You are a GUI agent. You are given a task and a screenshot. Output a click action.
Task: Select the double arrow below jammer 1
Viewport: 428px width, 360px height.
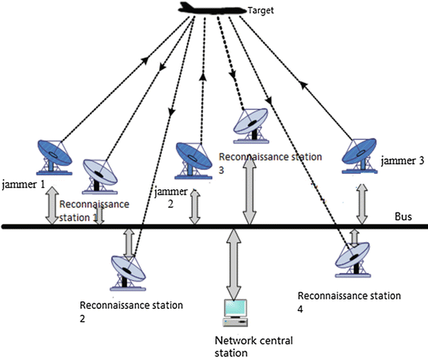(x=52, y=206)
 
